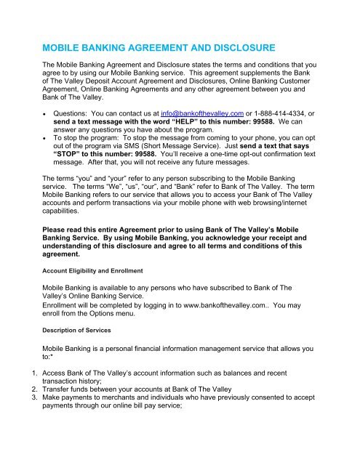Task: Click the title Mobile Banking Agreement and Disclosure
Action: tap(159, 47)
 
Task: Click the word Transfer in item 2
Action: tap(57, 418)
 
